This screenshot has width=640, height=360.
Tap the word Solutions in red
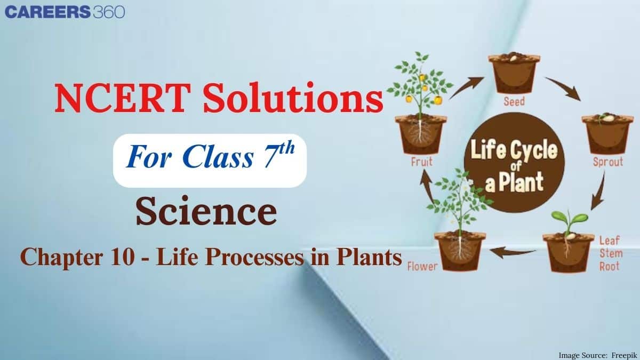(287, 99)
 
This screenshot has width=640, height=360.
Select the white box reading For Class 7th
(210, 160)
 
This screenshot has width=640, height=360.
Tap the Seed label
(514, 101)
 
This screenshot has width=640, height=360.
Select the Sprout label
(607, 162)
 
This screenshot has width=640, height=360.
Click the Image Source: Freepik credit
(596, 355)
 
